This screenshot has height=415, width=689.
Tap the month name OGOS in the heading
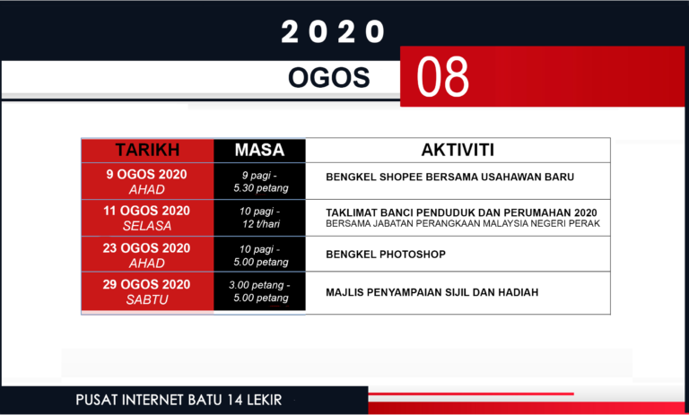coord(328,79)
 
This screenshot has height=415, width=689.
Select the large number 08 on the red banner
coord(443,78)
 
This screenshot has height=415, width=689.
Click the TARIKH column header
coord(148,150)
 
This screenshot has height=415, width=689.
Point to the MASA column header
coord(259,150)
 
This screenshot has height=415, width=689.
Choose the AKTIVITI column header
coord(458,150)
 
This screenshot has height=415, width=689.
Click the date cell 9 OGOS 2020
coord(147,174)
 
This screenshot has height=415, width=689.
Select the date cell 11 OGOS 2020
coord(147,211)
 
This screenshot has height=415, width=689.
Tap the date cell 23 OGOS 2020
coord(147,248)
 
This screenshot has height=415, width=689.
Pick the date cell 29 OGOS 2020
coord(147,285)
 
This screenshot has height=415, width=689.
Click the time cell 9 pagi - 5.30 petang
coord(259,182)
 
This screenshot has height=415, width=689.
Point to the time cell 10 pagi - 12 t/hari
coord(259,218)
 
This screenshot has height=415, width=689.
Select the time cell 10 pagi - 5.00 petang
coord(259,255)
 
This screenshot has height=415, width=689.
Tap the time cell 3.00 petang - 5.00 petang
coord(259,291)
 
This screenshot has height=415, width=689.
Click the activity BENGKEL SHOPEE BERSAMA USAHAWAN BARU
coord(449,177)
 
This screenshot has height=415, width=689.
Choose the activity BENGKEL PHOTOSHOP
coord(386,255)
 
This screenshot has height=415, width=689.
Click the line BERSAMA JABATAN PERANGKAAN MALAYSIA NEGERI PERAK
coord(462,223)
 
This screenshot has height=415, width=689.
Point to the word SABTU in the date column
coord(147,299)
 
